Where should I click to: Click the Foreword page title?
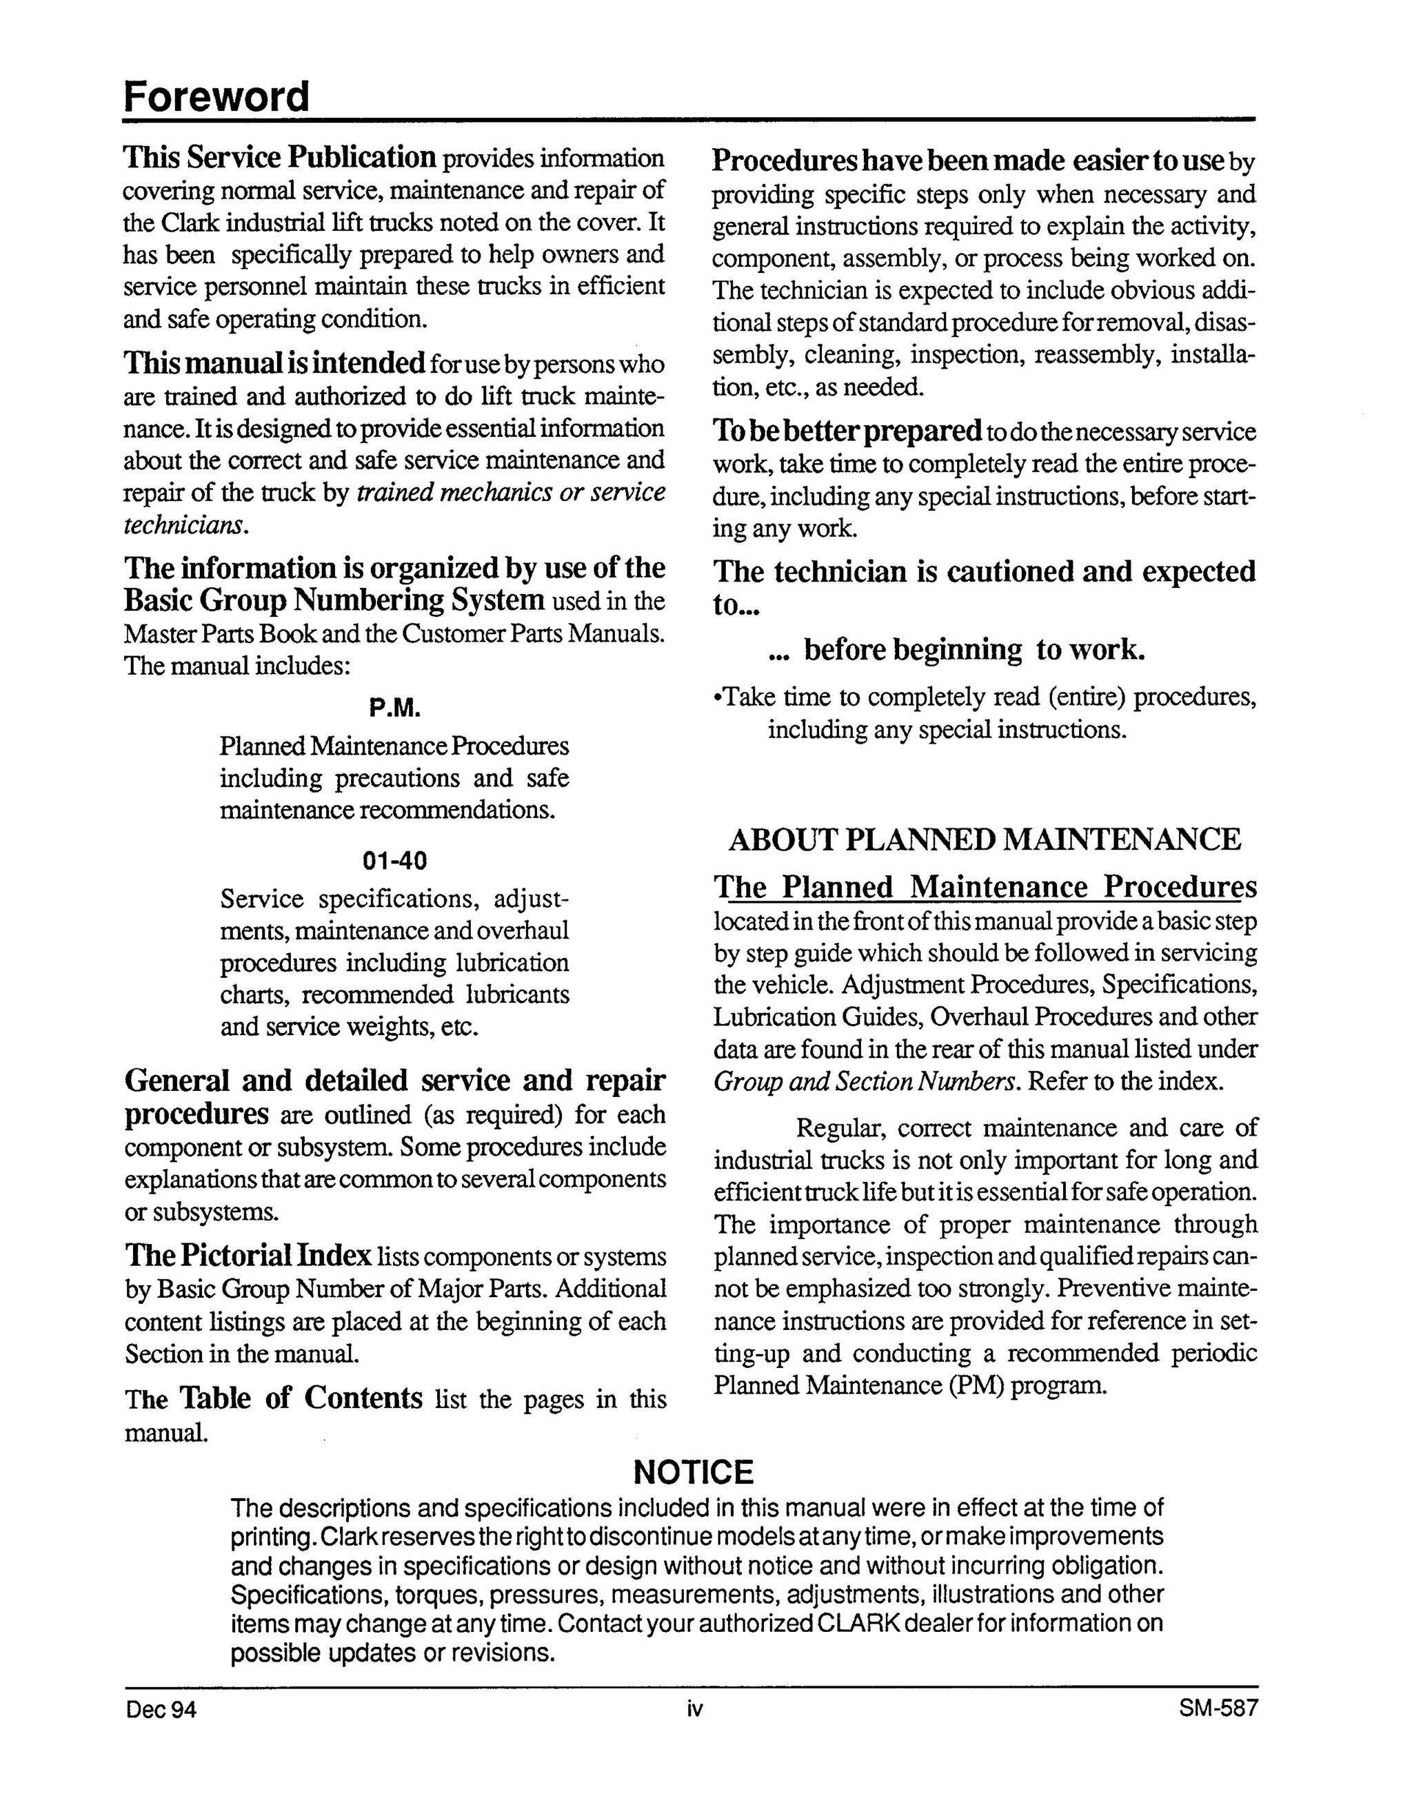(216, 96)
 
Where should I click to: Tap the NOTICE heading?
(693, 1473)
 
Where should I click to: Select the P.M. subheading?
(394, 708)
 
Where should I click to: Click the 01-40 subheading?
(394, 860)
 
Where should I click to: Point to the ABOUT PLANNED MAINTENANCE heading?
(984, 839)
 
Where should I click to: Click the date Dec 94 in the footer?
(161, 1710)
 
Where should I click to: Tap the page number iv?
(694, 1710)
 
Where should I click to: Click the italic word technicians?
(185, 525)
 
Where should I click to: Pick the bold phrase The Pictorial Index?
(248, 1255)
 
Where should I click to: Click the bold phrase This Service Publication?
(280, 157)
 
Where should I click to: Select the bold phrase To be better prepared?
(847, 431)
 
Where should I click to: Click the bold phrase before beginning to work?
(974, 649)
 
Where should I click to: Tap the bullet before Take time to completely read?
(718, 697)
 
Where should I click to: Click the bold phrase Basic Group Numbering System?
(334, 600)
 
